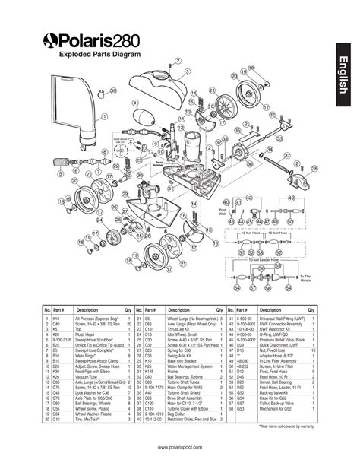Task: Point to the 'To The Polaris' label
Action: pos(305,278)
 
